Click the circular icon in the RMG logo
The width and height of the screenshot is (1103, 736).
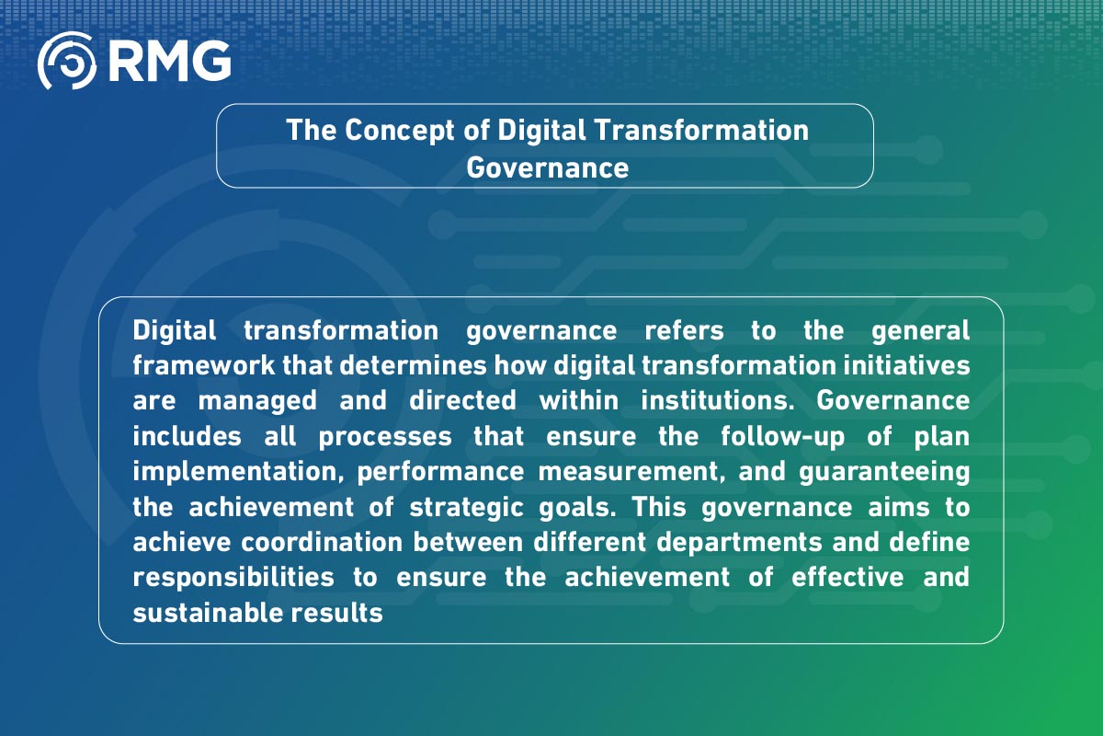click(67, 61)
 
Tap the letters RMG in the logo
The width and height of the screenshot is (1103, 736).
click(168, 61)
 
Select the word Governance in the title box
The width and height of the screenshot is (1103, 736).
click(547, 167)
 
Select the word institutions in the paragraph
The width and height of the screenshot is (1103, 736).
click(720, 401)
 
